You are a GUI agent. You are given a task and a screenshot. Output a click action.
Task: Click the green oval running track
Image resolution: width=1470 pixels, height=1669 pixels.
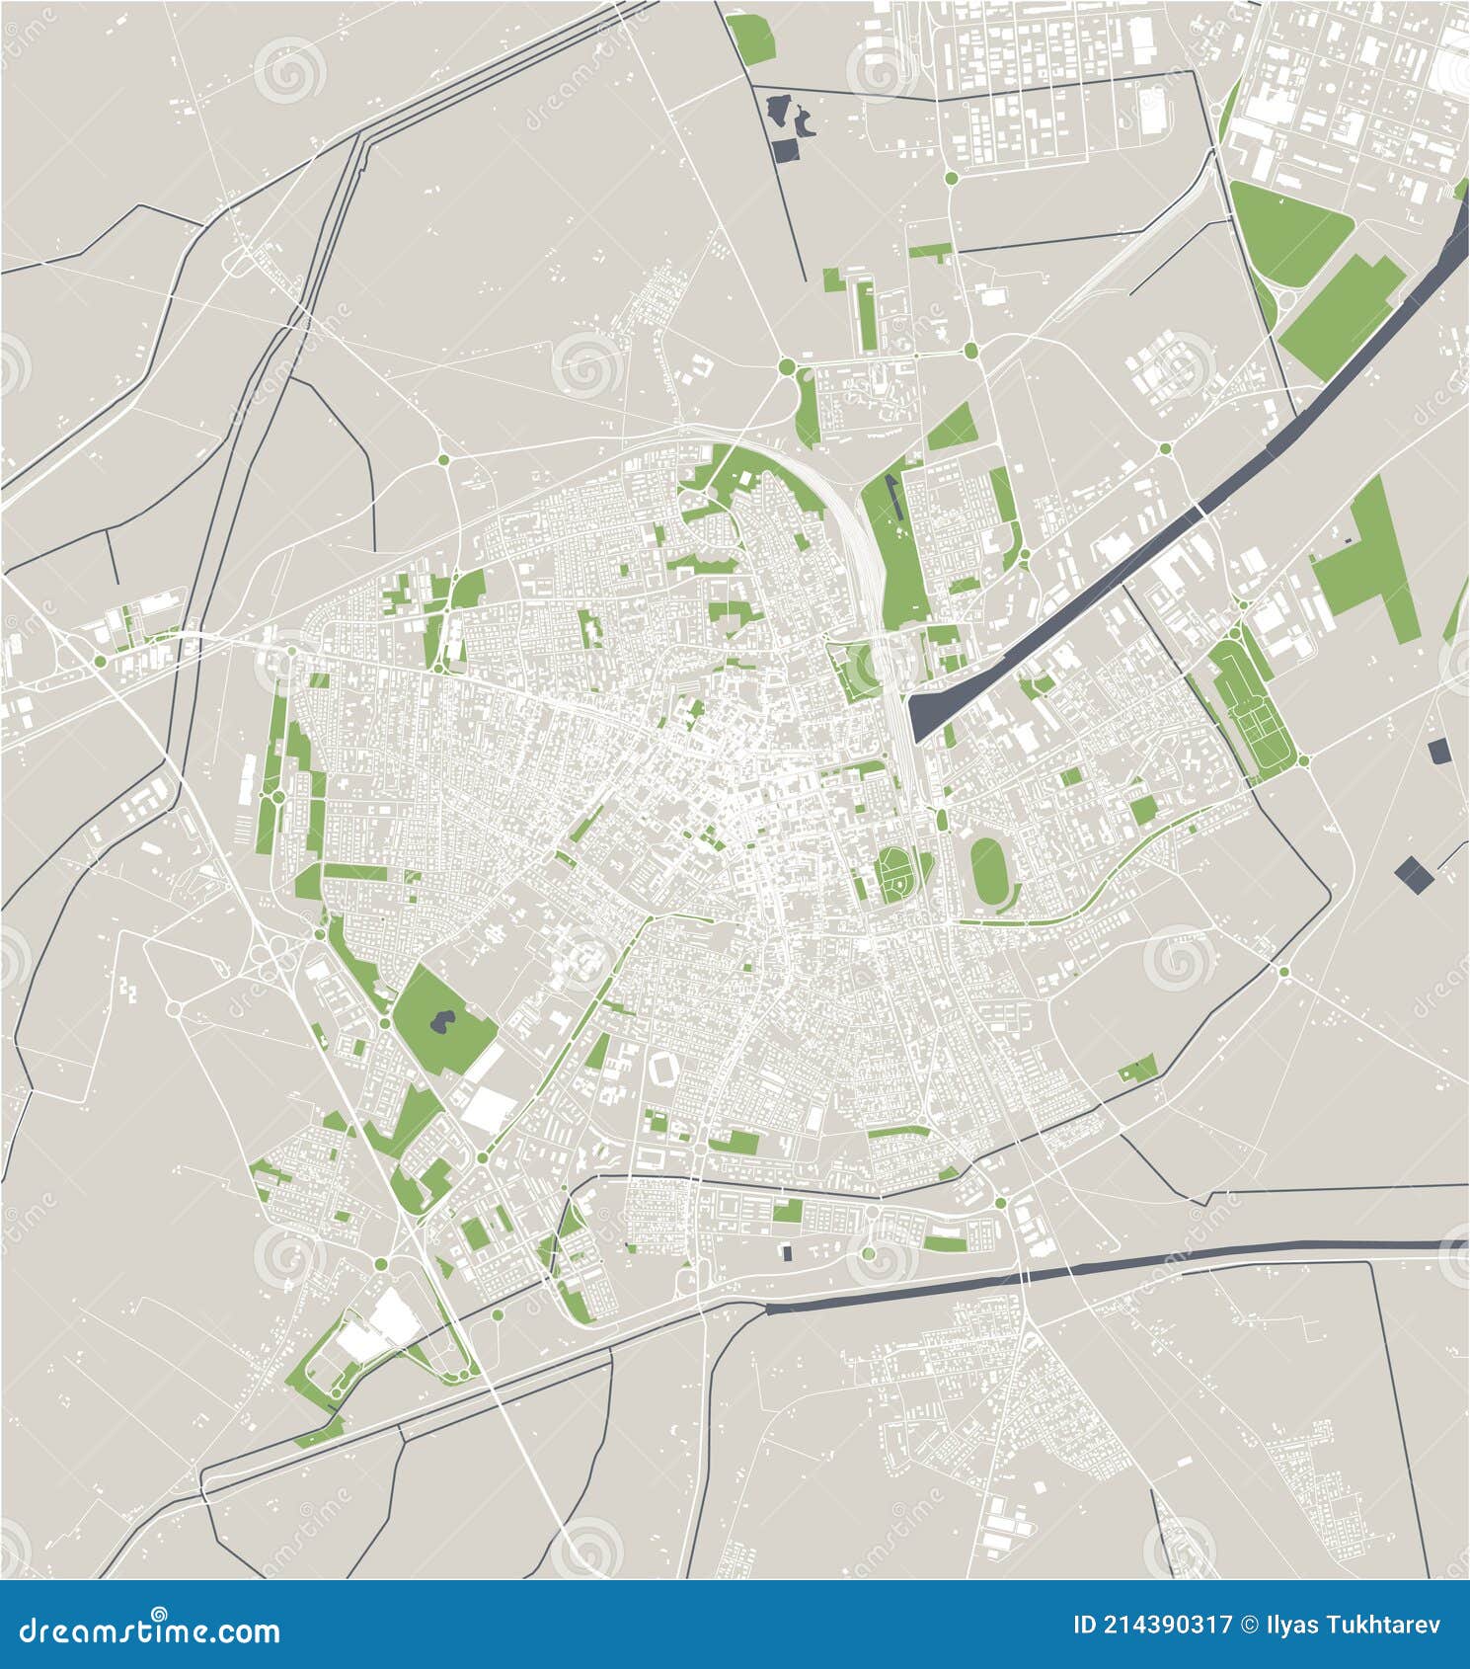988,868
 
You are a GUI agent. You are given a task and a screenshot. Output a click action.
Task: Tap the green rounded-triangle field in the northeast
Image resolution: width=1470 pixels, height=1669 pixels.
1286,229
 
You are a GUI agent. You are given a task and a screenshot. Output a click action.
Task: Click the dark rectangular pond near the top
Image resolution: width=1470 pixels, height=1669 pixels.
786,150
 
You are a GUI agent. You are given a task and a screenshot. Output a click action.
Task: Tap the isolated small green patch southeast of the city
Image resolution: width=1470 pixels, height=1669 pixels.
1138,1069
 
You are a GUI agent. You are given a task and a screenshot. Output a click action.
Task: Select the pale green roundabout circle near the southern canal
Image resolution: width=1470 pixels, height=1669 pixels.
869,1253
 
